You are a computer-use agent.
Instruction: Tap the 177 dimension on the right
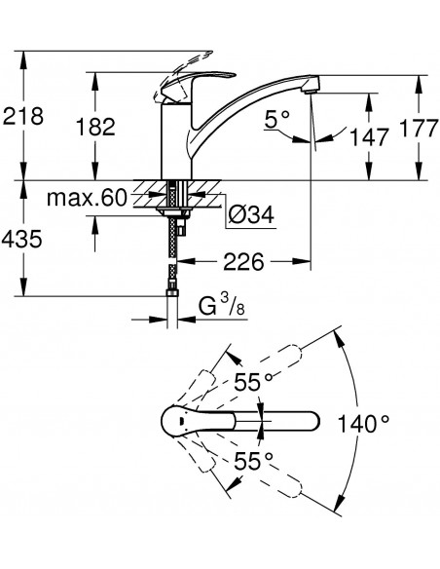coord(419,128)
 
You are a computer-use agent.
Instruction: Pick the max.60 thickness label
coord(87,199)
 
